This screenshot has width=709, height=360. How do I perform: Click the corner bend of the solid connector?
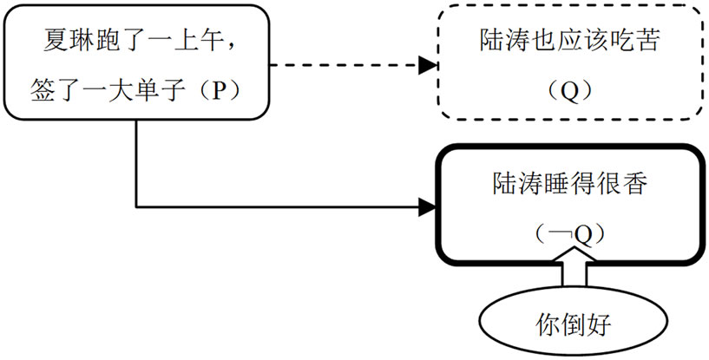(x=137, y=206)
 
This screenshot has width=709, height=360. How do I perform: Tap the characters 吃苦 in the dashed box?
(x=631, y=40)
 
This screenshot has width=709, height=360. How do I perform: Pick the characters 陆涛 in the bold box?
(x=505, y=185)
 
